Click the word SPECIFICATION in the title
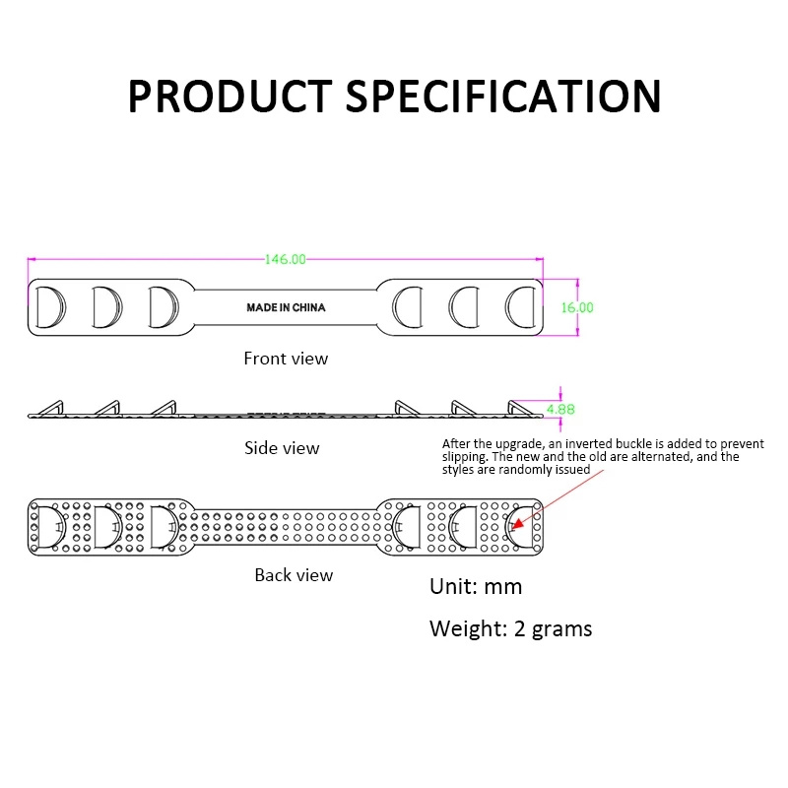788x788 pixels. (x=505, y=96)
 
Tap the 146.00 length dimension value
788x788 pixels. (x=286, y=259)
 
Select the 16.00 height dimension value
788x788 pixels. (x=577, y=307)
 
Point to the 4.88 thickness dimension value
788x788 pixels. (x=559, y=409)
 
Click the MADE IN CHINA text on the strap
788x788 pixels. (x=286, y=307)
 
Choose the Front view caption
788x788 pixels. (x=286, y=359)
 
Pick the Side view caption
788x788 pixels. (x=282, y=448)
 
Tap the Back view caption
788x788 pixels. (x=294, y=574)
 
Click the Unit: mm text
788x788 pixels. (x=476, y=587)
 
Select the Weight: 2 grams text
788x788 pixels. (x=510, y=628)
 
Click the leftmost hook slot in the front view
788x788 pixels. (x=49, y=306)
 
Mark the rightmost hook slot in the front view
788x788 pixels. (x=520, y=306)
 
